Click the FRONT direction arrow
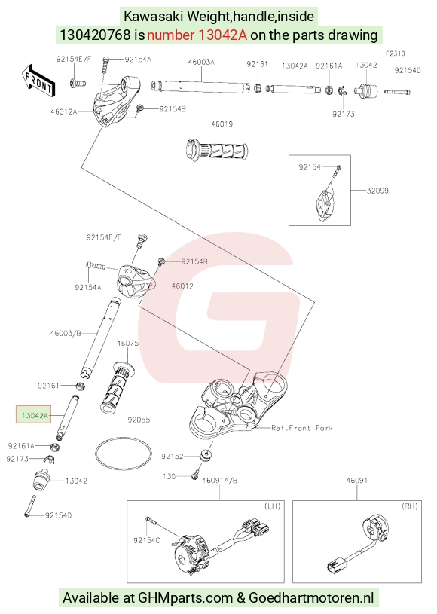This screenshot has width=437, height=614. click(x=38, y=81)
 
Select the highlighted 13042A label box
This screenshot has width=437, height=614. click(x=34, y=414)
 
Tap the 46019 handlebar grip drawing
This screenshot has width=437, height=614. click(x=216, y=150)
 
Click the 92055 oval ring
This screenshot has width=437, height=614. click(x=123, y=454)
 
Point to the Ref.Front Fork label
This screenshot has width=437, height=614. click(x=302, y=428)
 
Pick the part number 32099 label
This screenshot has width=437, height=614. click(x=377, y=191)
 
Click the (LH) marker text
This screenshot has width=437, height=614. click(x=272, y=506)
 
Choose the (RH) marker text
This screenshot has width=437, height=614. click(x=410, y=506)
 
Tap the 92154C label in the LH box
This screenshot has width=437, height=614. click(x=147, y=540)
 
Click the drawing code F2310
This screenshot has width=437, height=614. click(x=395, y=53)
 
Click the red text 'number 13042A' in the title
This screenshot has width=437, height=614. click(x=197, y=35)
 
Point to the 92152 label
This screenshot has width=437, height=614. click(x=173, y=457)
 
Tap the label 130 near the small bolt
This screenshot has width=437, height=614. click(x=170, y=476)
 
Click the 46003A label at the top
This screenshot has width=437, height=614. click(x=201, y=62)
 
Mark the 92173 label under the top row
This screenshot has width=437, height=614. click(x=344, y=114)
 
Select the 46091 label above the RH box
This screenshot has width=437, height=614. click(x=356, y=480)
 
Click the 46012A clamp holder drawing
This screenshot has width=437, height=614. click(x=118, y=100)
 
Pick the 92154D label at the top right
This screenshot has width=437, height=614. click(x=408, y=70)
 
